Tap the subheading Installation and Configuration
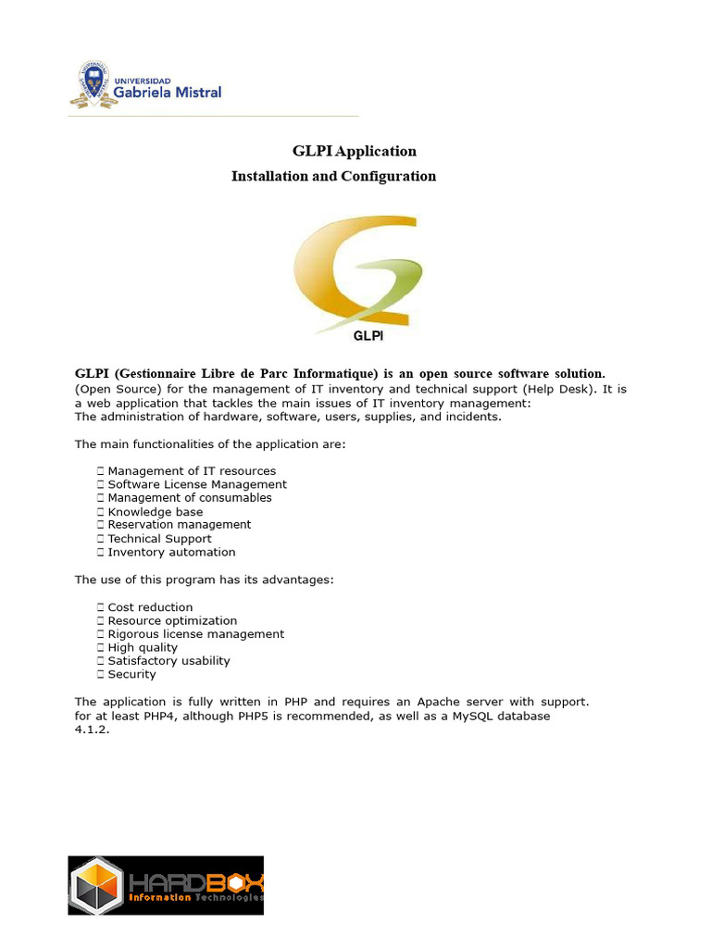[333, 176]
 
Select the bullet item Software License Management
[197, 484]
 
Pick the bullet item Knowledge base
[155, 511]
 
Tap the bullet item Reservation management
[179, 524]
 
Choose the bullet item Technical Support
[159, 538]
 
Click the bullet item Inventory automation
[171, 552]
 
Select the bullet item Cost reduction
[150, 607]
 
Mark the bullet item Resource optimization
[172, 620]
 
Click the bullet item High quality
[143, 647]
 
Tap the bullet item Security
[131, 674]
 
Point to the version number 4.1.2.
[92, 730]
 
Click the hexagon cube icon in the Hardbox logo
[97, 886]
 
